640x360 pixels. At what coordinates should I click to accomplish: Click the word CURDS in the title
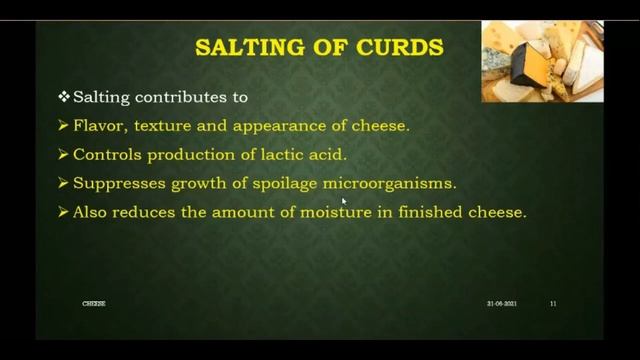pos(402,47)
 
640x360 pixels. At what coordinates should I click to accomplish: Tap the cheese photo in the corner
pos(542,61)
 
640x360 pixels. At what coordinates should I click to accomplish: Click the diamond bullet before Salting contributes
pos(64,97)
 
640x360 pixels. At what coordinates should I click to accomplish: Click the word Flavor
pos(101,126)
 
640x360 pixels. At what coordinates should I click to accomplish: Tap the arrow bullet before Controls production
pos(64,155)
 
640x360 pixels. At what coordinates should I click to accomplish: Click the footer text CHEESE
pos(93,303)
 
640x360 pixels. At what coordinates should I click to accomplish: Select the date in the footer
pos(501,303)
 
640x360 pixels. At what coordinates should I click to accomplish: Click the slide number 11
pos(553,303)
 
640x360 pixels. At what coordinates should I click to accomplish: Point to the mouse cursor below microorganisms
pos(343,201)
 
